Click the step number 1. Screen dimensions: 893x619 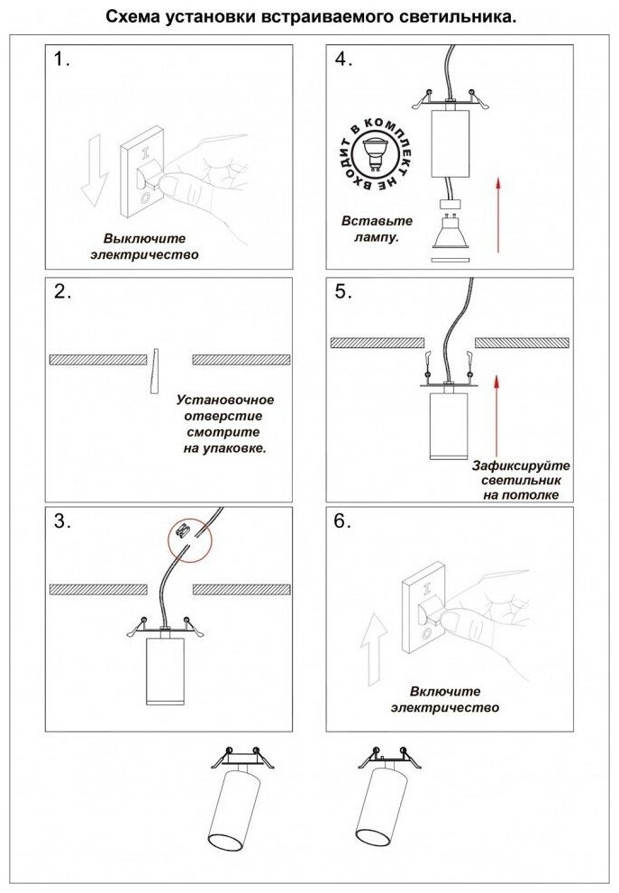pos(61,61)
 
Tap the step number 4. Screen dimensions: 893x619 pos(342,60)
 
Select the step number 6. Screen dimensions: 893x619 pos(342,521)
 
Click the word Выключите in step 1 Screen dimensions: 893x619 pos(144,239)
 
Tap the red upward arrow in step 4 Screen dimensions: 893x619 pos(496,214)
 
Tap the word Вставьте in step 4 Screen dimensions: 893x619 pos(377,221)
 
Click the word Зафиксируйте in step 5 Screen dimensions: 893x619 pos(522,465)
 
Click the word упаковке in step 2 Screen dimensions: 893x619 pos(238,447)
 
